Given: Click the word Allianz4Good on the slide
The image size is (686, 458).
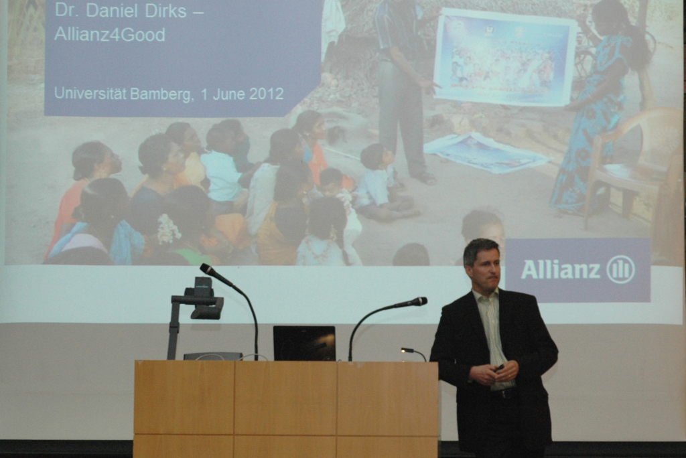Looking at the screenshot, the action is (110, 35).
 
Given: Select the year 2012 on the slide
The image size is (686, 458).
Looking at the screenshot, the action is (267, 94).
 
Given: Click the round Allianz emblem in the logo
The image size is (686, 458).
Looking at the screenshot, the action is (620, 269).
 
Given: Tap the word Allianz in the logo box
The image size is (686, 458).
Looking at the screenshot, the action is (561, 269).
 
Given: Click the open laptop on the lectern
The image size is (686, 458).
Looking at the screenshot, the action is (304, 343).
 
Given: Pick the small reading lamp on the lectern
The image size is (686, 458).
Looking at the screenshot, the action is (413, 353).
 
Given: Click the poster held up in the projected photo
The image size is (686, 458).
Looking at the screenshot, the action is (504, 58).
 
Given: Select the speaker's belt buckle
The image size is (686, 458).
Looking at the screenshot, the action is (507, 393).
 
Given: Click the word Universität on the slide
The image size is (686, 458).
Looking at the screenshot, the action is (90, 93).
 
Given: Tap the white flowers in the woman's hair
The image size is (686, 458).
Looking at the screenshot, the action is (168, 230).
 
